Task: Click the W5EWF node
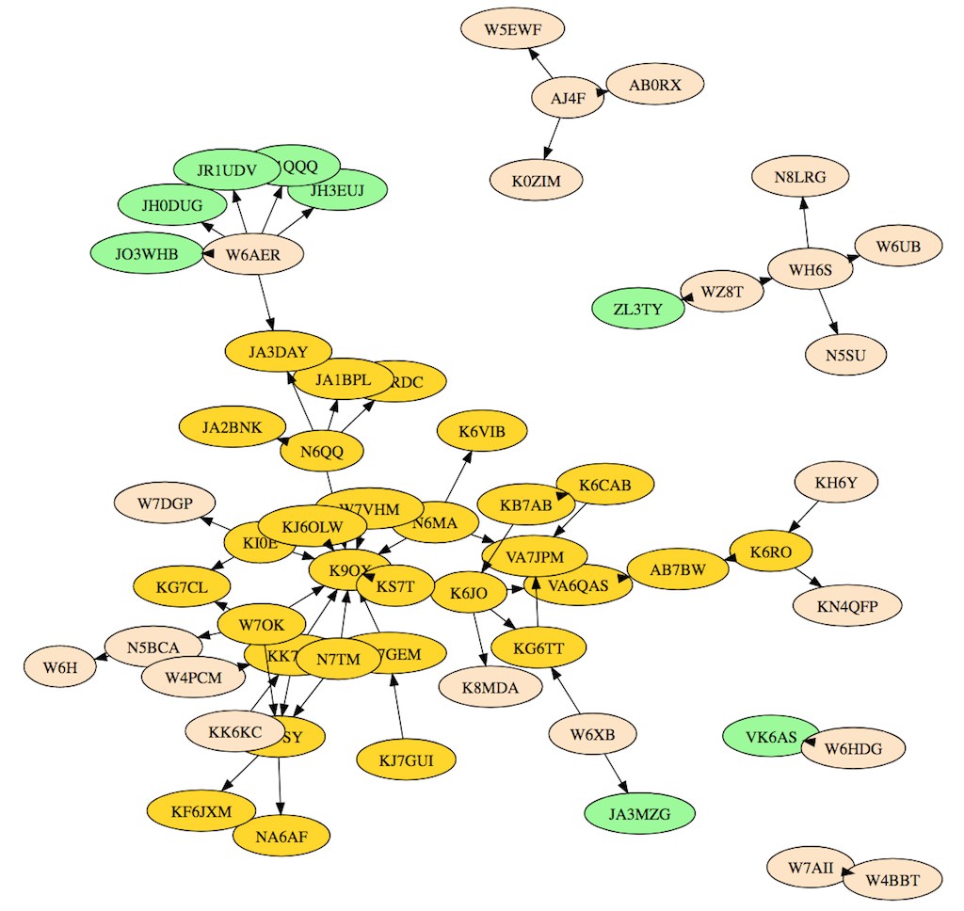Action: [512, 30]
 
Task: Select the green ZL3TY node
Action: [638, 309]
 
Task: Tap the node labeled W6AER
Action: [254, 253]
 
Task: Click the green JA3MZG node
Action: [639, 814]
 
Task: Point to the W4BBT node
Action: [891, 881]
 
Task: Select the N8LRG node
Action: [800, 176]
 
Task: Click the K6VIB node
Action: [482, 432]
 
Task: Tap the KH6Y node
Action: [835, 483]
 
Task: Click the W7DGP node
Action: [164, 503]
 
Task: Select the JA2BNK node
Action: [231, 427]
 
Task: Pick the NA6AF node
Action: [281, 834]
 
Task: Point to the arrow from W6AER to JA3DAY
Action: [265, 302]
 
